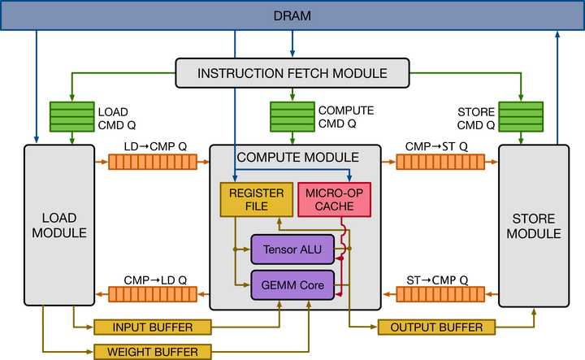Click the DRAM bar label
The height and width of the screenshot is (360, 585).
292,15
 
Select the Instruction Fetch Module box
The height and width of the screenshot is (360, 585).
292,73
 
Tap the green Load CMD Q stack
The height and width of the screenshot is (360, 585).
72,117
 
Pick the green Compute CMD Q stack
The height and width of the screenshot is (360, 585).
292,117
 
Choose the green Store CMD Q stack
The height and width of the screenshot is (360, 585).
521,117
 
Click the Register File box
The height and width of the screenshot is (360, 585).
256,200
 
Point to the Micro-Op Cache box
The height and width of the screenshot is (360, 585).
334,200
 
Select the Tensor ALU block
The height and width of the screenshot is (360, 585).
292,249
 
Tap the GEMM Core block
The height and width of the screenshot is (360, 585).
292,285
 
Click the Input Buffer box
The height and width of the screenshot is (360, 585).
153,327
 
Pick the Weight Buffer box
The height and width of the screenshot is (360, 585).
153,352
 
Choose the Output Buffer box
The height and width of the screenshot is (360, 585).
436,327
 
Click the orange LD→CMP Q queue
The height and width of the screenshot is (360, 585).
153,162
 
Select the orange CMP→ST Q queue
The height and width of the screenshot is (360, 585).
440,162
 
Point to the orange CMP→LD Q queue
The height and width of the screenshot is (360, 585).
153,294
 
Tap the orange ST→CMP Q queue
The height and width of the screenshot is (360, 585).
440,294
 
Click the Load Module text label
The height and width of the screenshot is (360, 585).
59,225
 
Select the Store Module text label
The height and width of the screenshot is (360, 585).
534,226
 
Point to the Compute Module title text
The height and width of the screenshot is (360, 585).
297,158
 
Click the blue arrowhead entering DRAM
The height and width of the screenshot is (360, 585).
557,34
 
